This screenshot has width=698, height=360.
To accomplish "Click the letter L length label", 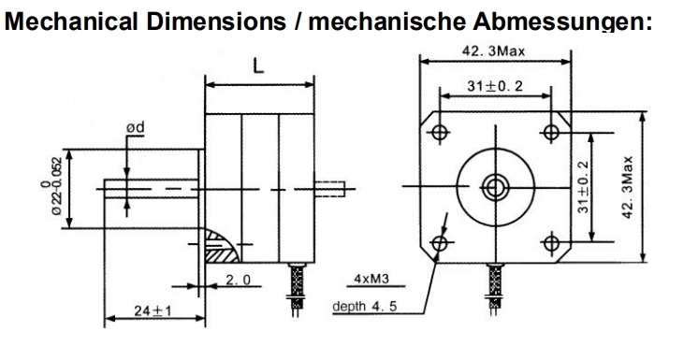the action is tap(258, 65).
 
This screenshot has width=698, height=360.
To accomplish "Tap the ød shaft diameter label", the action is tap(136, 128).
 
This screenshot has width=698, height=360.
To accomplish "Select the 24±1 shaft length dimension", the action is tap(153, 310).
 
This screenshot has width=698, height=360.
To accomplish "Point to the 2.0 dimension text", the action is tap(239, 280).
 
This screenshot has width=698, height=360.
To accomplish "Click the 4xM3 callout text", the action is tap(371, 279).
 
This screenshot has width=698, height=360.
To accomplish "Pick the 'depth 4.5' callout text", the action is tap(365, 306).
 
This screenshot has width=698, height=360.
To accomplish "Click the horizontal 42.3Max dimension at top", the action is tap(493, 51).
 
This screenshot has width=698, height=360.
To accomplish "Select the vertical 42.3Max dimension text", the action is tap(627, 187).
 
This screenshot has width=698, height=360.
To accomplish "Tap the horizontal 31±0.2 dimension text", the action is tap(495, 86).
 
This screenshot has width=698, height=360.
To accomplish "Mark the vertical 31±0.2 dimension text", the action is tap(583, 187).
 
